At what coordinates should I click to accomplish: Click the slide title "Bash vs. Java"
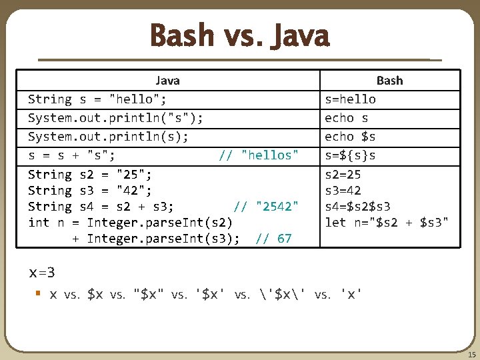click(x=239, y=36)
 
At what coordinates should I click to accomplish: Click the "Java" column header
click(x=167, y=81)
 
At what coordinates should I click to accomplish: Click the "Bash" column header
click(x=389, y=81)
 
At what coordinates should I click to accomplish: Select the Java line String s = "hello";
click(x=97, y=99)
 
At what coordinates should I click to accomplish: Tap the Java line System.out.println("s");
click(x=115, y=118)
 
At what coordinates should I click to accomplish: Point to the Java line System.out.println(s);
click(x=108, y=137)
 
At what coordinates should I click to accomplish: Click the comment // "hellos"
click(x=259, y=155)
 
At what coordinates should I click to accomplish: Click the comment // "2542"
click(x=266, y=207)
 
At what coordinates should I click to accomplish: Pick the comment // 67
click(x=273, y=238)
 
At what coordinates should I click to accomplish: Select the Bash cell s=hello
click(x=350, y=99)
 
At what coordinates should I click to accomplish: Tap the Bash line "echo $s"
click(x=350, y=137)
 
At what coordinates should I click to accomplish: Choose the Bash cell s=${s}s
click(x=350, y=155)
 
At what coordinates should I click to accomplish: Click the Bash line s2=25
click(x=343, y=175)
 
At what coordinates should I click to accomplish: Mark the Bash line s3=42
click(x=343, y=191)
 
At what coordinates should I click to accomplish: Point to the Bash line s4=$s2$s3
click(x=357, y=207)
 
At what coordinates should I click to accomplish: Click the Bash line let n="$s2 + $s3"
click(x=387, y=222)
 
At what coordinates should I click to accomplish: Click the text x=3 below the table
click(x=42, y=273)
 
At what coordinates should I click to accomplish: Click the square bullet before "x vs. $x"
click(x=39, y=293)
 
